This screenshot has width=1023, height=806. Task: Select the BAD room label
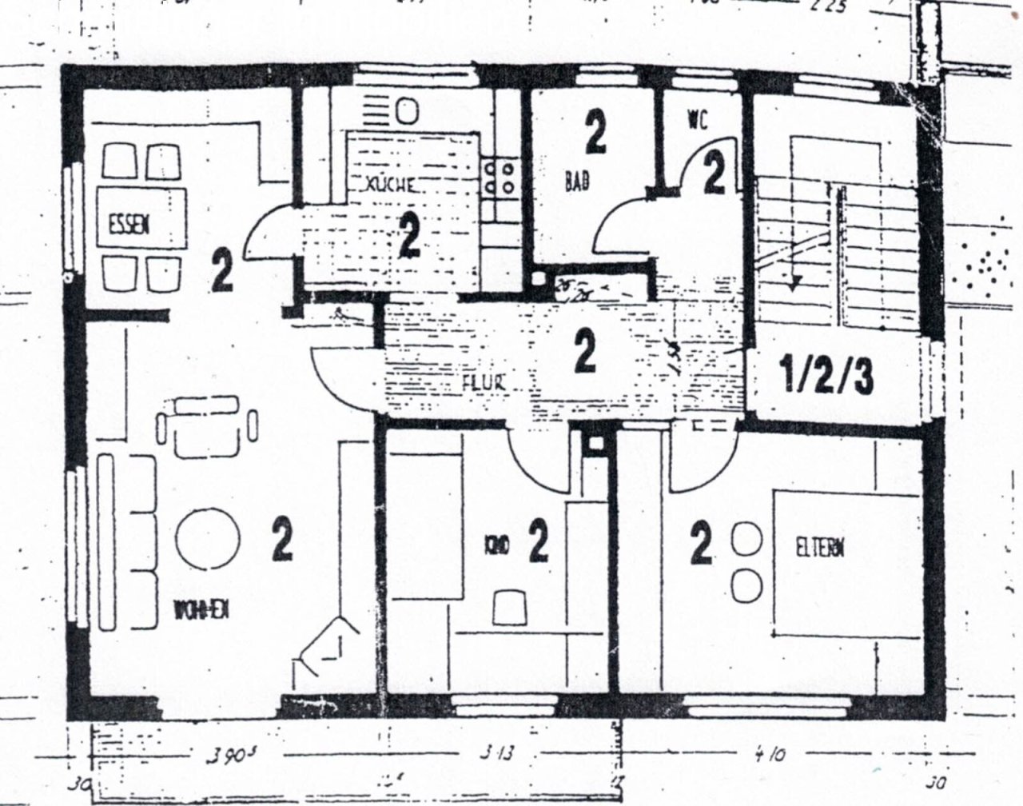click(x=577, y=182)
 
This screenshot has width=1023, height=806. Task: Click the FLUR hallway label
click(x=484, y=383)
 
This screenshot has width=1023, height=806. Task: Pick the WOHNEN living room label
click(x=203, y=611)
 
